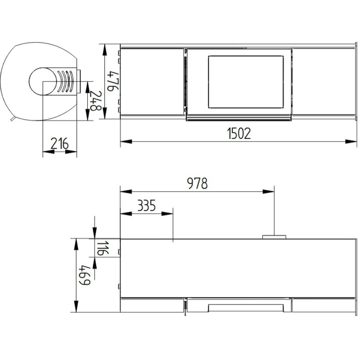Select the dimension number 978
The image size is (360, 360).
198,184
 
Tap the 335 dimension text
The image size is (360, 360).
146,206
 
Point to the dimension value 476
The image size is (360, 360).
113,81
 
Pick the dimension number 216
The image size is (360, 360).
59,144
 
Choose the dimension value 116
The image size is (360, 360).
102,248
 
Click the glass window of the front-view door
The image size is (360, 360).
246,81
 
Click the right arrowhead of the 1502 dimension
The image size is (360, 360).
354,142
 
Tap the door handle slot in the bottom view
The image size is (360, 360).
246,307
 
